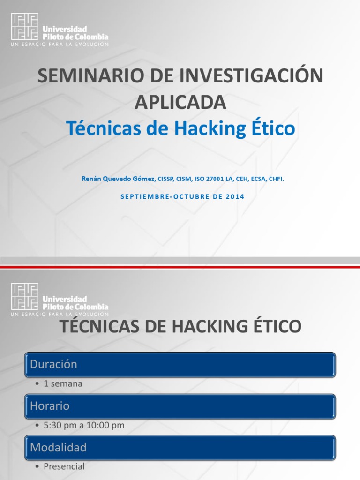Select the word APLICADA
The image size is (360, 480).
180,102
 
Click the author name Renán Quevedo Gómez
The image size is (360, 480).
118,179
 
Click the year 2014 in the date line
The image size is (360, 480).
234,197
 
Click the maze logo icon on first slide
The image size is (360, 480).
25,26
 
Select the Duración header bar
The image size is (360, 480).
180,365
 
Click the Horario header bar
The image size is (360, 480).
180,406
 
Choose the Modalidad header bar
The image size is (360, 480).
180,448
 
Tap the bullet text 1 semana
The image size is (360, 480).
63,384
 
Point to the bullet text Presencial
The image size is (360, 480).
64,467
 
